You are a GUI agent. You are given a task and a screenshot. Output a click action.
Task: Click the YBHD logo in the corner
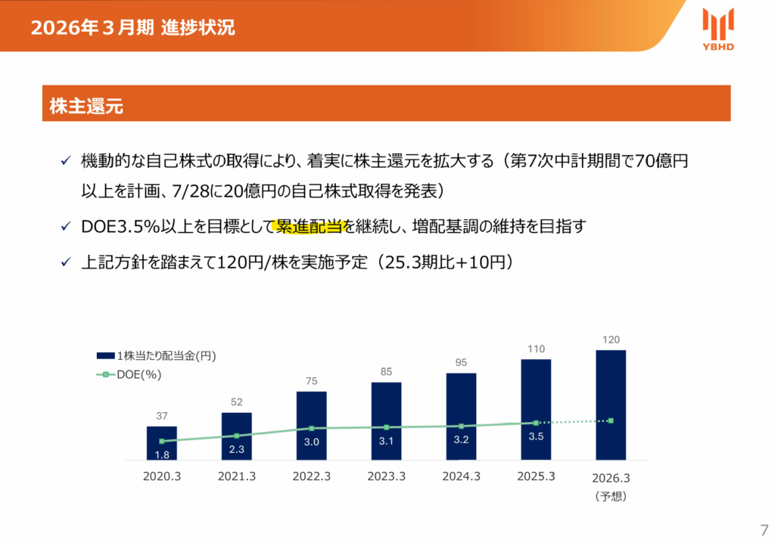click(717, 29)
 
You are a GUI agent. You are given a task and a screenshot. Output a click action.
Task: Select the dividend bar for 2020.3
click(161, 443)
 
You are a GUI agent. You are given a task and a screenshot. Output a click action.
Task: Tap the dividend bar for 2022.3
click(311, 425)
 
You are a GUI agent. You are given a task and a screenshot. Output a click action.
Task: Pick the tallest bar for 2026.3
click(610, 405)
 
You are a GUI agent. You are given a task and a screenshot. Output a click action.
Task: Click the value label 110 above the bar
click(536, 349)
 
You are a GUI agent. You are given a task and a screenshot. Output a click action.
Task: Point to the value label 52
click(236, 402)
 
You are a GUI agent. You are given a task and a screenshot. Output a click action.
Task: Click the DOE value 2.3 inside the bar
click(236, 449)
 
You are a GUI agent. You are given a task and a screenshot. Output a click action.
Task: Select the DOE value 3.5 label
click(536, 436)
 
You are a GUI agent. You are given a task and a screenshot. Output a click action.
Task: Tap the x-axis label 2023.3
click(386, 476)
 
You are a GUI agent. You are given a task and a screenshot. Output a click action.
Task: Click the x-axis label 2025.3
click(536, 476)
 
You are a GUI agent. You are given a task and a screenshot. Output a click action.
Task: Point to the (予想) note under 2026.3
click(610, 497)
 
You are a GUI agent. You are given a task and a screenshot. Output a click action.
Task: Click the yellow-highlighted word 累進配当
click(310, 226)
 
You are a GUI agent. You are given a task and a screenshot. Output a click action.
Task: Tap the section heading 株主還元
click(86, 107)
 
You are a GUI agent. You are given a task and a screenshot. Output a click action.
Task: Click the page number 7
click(763, 529)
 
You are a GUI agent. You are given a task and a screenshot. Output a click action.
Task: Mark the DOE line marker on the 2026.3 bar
click(610, 420)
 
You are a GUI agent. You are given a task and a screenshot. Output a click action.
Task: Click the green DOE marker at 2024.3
click(461, 426)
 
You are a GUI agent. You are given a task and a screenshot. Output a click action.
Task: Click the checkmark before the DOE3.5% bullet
click(65, 226)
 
